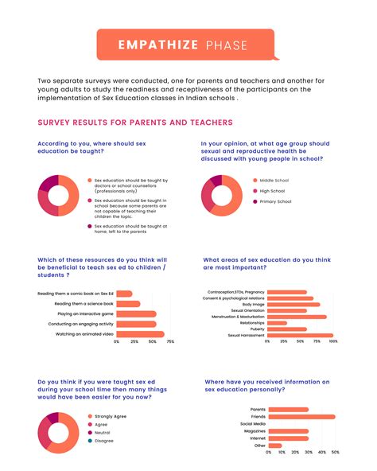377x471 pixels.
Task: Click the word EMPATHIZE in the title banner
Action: [155, 45]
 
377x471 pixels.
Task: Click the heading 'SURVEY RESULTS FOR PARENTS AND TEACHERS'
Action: [134, 123]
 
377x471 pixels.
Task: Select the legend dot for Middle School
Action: [255, 181]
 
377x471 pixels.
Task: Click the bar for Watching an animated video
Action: [141, 334]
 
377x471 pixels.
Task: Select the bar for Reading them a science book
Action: [129, 304]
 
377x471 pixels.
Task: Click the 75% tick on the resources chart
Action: [170, 341]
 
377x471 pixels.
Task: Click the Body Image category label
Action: [253, 304]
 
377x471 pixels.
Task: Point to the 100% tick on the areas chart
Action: [332, 341]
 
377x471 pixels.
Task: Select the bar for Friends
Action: [301, 416]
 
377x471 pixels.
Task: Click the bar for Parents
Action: [288, 410]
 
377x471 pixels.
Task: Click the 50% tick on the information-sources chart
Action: [335, 452]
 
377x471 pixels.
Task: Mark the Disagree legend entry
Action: [103, 440]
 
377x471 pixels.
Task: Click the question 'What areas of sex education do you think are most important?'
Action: [266, 263]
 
